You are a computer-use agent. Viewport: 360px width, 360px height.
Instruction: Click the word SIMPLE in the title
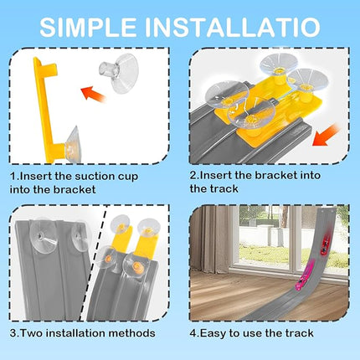pyautogui.click(x=88, y=27)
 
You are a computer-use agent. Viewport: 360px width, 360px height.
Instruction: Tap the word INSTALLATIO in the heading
pyautogui.click(x=233, y=27)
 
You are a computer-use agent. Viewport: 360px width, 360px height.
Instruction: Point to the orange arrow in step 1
pyautogui.click(x=93, y=94)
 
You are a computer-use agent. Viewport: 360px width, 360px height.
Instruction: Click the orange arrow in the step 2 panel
pyautogui.click(x=325, y=136)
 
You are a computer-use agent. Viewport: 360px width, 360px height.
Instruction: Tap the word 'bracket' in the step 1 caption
pyautogui.click(x=75, y=190)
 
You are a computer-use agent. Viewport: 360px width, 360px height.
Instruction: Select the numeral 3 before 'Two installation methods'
pyautogui.click(x=13, y=333)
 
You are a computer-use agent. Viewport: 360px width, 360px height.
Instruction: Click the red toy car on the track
pyautogui.click(x=326, y=244)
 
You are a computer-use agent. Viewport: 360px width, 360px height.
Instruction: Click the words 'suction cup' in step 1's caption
pyautogui.click(x=106, y=177)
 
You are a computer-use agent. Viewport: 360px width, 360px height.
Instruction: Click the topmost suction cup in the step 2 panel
pyautogui.click(x=277, y=64)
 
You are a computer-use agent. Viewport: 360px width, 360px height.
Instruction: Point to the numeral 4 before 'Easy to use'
pyautogui.click(x=193, y=333)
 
